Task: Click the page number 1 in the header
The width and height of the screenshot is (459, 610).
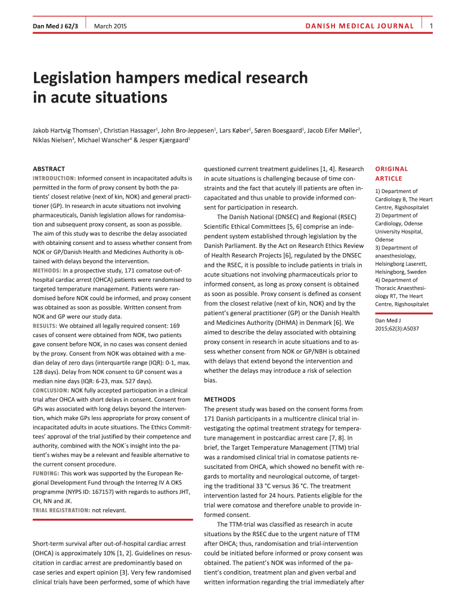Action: pyautogui.click(x=431, y=26)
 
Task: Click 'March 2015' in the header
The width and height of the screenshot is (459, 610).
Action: pyautogui.click(x=110, y=26)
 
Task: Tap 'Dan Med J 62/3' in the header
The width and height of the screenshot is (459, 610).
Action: pyautogui.click(x=55, y=26)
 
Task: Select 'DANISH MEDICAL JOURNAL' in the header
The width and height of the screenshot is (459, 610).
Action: pyautogui.click(x=359, y=26)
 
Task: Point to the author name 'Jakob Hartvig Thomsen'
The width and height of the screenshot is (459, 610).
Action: pyautogui.click(x=66, y=130)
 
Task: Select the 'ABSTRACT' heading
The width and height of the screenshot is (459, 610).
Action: pyautogui.click(x=49, y=169)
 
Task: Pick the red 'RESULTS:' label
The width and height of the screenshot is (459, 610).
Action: pyautogui.click(x=45, y=326)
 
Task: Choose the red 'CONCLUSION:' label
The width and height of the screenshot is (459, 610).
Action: pyautogui.click(x=51, y=390)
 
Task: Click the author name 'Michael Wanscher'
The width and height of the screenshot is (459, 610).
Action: pyautogui.click(x=92, y=141)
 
